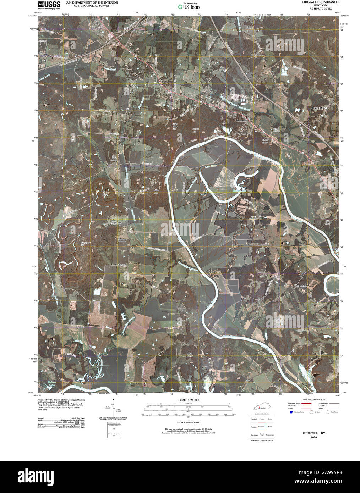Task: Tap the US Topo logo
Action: coord(189,6)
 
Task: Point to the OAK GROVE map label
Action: coord(321,107)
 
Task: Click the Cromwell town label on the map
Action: coord(241,121)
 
